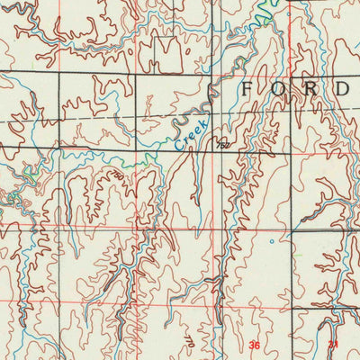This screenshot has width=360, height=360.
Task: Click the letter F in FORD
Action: click(249, 89)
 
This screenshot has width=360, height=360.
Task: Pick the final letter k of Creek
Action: click(202, 122)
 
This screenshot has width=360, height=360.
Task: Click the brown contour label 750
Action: click(117, 177)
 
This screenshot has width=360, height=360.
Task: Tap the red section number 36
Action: click(255, 345)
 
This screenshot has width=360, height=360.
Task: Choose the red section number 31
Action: click(332, 345)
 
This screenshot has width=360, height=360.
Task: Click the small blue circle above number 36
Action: click(271, 241)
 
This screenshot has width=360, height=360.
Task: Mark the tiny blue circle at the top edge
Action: click(291, 3)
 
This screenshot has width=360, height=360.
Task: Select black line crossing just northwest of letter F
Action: click(212, 72)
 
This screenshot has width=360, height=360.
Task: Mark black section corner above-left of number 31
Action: click(293, 310)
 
